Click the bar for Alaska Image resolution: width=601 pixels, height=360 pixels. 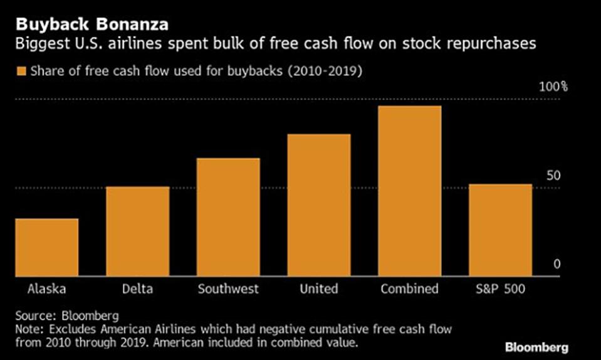point(47,247)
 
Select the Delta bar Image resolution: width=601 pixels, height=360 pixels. point(137,231)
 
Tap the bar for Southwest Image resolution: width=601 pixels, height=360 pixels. point(228,217)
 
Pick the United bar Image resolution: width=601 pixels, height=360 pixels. point(319,205)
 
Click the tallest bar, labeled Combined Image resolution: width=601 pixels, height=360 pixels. point(410,191)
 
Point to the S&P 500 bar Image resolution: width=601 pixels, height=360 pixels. point(501,230)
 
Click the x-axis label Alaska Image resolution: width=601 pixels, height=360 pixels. point(47,289)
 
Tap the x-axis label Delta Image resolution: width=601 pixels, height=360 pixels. point(137,289)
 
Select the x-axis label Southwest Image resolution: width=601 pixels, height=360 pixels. point(228,289)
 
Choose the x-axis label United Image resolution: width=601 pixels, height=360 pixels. point(319,289)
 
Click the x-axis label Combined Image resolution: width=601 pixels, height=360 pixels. point(410,289)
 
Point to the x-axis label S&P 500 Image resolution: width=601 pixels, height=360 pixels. point(501,289)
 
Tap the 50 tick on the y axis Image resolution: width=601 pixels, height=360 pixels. point(553,176)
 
